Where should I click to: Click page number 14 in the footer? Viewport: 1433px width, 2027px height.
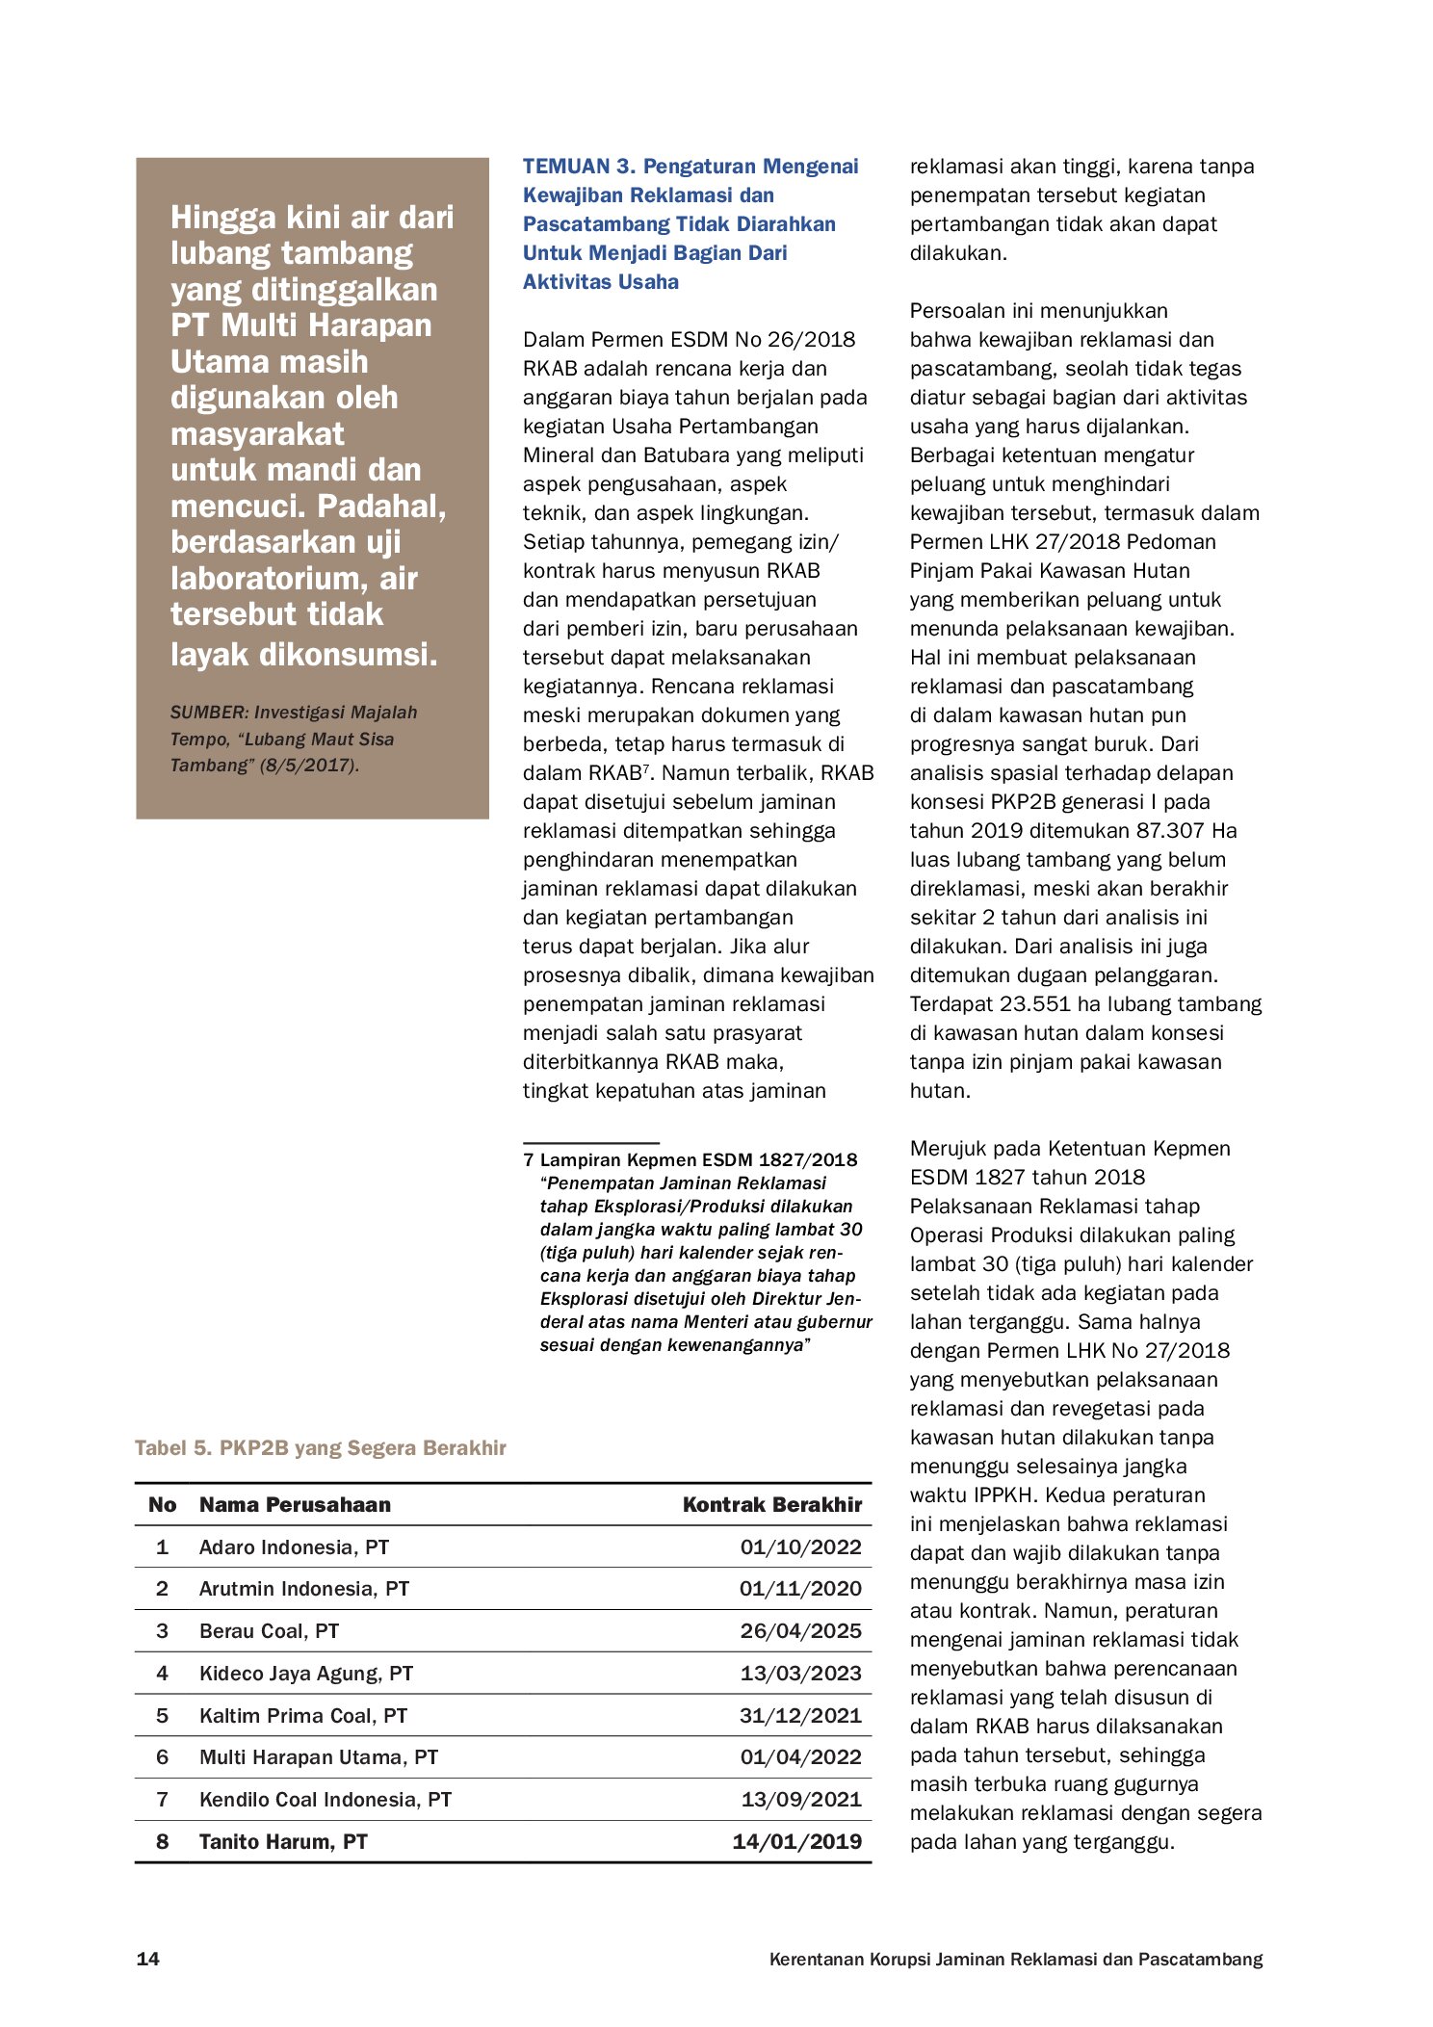coord(148,1959)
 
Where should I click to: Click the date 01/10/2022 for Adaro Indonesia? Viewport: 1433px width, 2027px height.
coord(800,1546)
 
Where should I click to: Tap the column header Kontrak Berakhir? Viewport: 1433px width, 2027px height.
coord(771,1504)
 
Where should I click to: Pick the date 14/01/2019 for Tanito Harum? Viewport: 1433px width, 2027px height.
coord(796,1841)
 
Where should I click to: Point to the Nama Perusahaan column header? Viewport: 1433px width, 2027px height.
coord(295,1504)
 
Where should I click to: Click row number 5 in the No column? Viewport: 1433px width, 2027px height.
coord(162,1715)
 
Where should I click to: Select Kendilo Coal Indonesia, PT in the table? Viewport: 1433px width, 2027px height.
coord(325,1799)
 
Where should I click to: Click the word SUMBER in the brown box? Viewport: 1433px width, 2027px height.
coord(208,713)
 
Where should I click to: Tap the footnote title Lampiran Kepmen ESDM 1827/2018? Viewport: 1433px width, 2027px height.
coord(698,1159)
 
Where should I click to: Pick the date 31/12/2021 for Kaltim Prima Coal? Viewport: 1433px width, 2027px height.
coord(800,1715)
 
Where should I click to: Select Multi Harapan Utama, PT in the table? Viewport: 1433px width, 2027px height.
coord(318,1756)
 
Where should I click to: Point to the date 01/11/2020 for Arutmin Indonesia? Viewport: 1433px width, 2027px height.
coord(800,1588)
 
